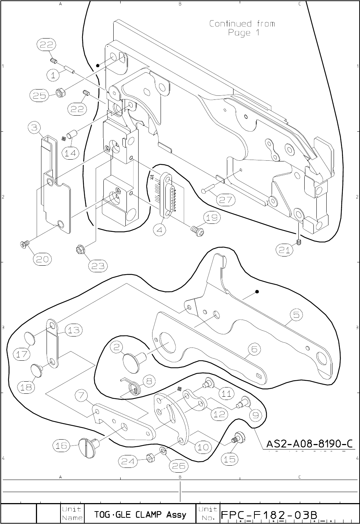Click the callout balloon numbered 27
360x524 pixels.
click(225, 200)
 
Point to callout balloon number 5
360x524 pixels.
click(296, 314)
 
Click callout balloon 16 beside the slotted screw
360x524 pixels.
click(61, 445)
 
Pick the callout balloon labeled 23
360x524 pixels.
click(98, 266)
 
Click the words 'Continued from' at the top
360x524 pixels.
click(242, 24)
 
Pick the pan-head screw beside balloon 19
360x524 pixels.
click(196, 230)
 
